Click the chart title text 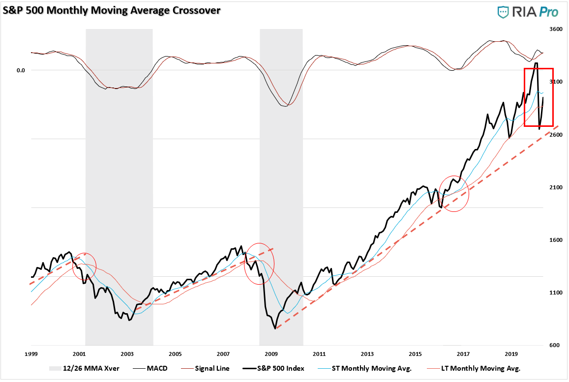coord(111,9)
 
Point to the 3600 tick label coord(556,29)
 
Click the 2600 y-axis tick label coord(556,135)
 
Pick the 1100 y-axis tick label coord(556,293)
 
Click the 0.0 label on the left coord(21,70)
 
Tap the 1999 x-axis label coord(30,354)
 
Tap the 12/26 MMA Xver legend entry coord(90,368)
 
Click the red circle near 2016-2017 coord(453,194)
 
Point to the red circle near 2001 coord(85,266)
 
